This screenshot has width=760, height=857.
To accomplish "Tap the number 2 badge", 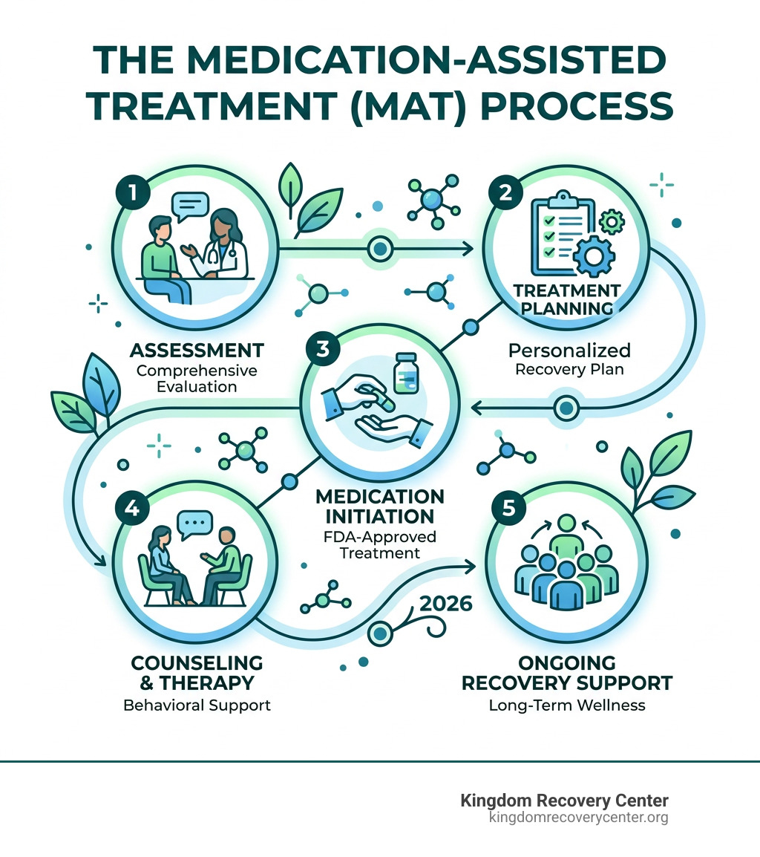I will pos(505,192).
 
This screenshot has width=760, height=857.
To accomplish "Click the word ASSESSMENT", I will pos(197,351).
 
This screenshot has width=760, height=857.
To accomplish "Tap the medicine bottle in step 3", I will pos(405,373).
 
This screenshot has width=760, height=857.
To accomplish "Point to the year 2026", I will pos(445,603).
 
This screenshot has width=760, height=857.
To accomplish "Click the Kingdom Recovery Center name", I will pos(564,801).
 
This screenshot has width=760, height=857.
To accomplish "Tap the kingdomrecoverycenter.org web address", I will pos(578,818).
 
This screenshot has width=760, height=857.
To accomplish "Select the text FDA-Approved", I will pos(379,536).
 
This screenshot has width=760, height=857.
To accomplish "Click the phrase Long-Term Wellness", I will pos(567,705).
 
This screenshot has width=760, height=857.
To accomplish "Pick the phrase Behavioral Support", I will pos(197,705).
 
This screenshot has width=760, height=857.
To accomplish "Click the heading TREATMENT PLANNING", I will pos(568,299).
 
